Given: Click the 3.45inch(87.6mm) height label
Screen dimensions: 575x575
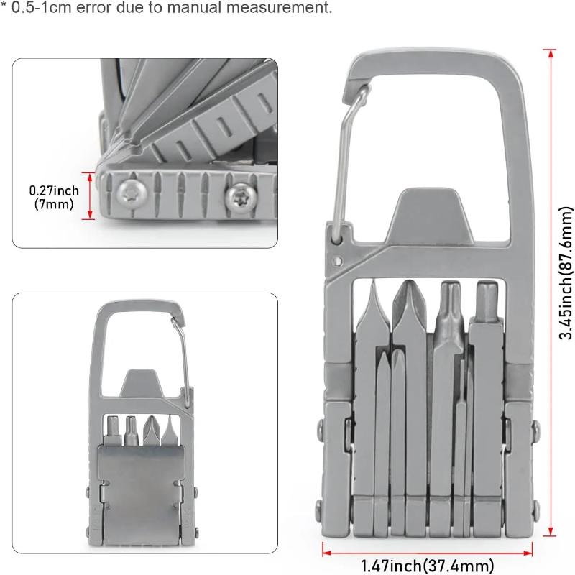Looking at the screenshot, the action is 565,273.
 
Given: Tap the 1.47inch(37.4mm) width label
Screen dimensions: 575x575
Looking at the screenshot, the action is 427,566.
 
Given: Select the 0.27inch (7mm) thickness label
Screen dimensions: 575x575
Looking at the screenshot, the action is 54,197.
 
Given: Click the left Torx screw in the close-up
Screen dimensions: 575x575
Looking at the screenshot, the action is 132,193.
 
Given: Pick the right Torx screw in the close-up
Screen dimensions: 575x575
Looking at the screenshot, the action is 241,198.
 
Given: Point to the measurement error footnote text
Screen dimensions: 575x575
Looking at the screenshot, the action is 166,7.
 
